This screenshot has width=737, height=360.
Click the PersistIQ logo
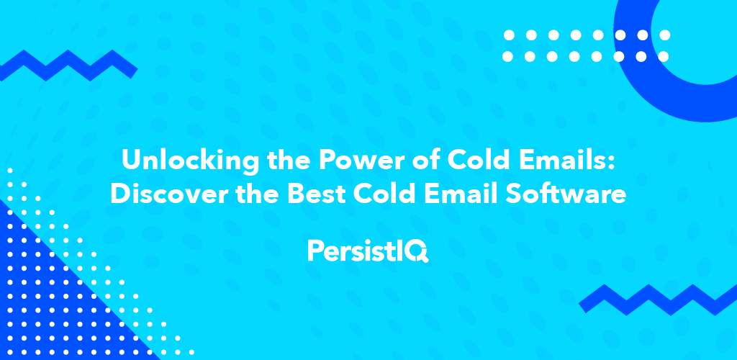coord(368,251)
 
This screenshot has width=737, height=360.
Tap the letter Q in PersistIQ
coord(419,251)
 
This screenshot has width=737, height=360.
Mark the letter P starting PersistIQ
coord(315,251)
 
